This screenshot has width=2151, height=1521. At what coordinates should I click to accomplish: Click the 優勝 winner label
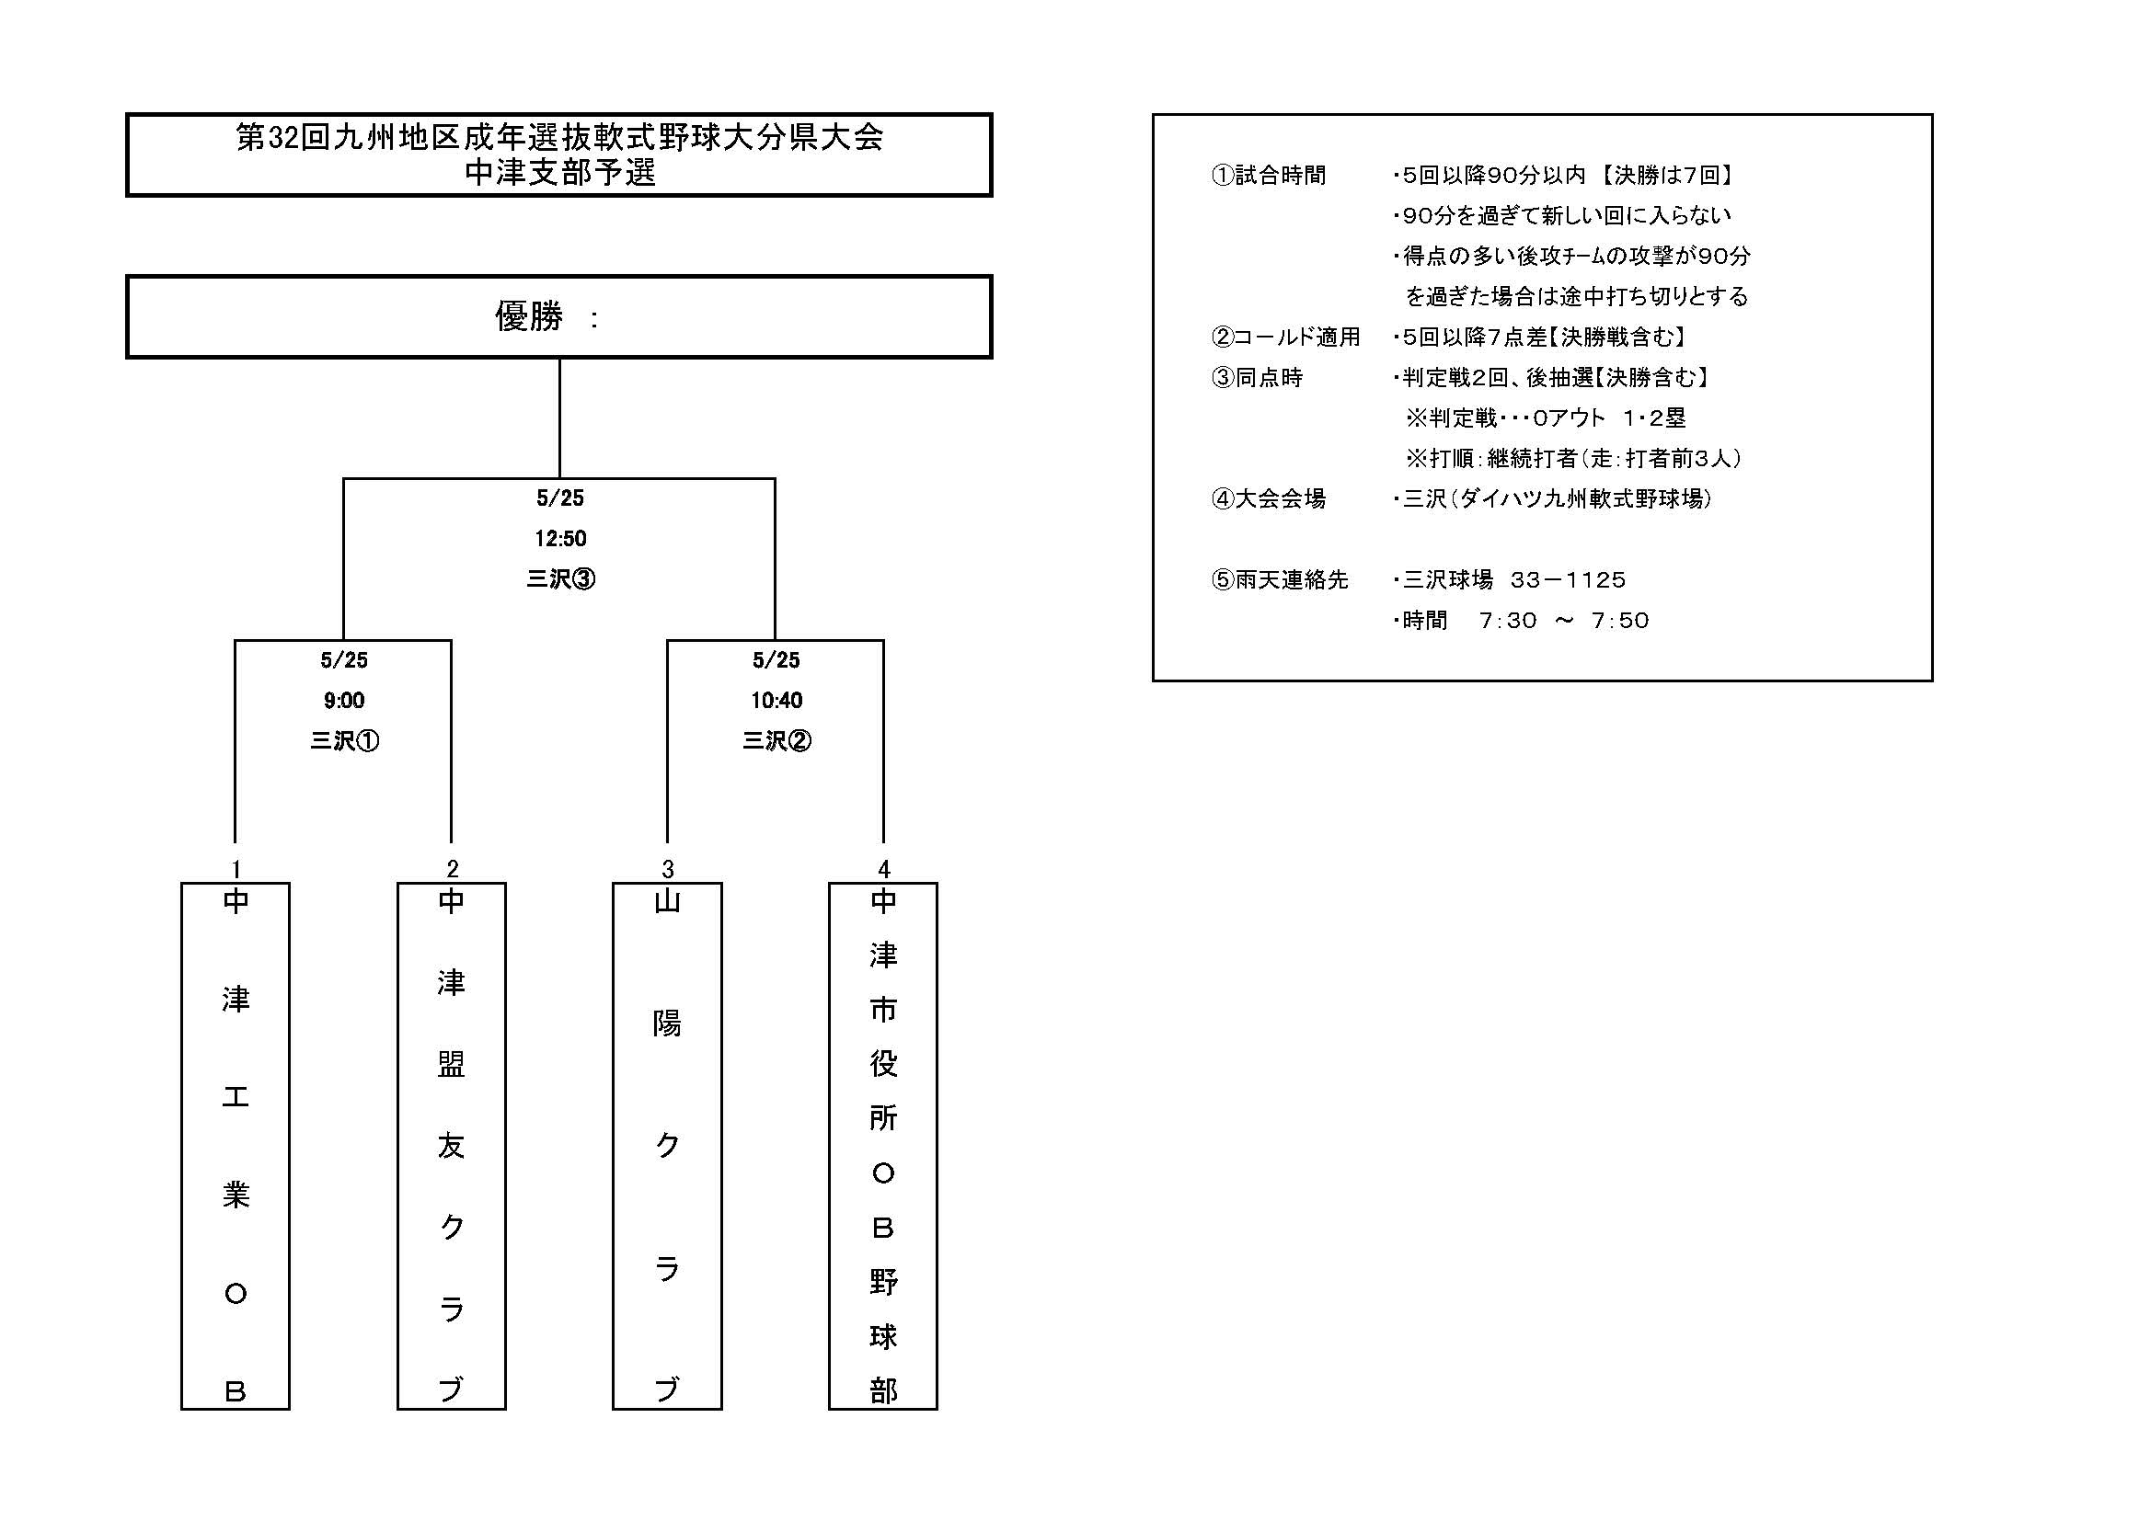click(528, 316)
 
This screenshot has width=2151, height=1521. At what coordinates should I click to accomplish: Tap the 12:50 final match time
click(560, 539)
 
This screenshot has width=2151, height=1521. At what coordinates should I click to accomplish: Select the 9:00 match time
click(344, 701)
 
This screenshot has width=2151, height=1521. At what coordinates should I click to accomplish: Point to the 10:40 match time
click(776, 701)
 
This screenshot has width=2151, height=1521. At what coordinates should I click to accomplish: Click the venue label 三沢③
click(560, 578)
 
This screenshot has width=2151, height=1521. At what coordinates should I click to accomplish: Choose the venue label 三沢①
click(344, 741)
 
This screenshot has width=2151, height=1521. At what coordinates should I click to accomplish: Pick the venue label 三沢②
click(776, 741)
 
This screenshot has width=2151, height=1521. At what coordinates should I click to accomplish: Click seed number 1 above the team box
click(236, 869)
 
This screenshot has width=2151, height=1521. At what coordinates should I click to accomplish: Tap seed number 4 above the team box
click(883, 869)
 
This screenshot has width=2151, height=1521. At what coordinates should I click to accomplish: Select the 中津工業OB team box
click(236, 1146)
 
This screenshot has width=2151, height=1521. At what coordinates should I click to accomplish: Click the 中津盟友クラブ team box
click(452, 1146)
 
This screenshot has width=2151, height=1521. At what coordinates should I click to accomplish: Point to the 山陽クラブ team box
click(667, 1146)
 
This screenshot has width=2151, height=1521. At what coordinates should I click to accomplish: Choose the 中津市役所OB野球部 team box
click(883, 1146)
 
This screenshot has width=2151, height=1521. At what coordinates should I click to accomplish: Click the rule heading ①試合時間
click(1269, 176)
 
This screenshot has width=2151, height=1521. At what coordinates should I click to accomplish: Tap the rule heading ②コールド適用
click(1285, 337)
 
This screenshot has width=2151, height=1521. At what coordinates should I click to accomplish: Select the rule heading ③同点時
click(1257, 377)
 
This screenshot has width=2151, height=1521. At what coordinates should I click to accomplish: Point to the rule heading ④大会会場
click(1269, 499)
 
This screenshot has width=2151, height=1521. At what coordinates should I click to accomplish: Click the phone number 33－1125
click(1569, 579)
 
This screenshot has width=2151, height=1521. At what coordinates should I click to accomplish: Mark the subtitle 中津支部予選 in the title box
click(560, 172)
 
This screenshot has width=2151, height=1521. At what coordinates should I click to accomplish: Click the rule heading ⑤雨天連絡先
click(1280, 579)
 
